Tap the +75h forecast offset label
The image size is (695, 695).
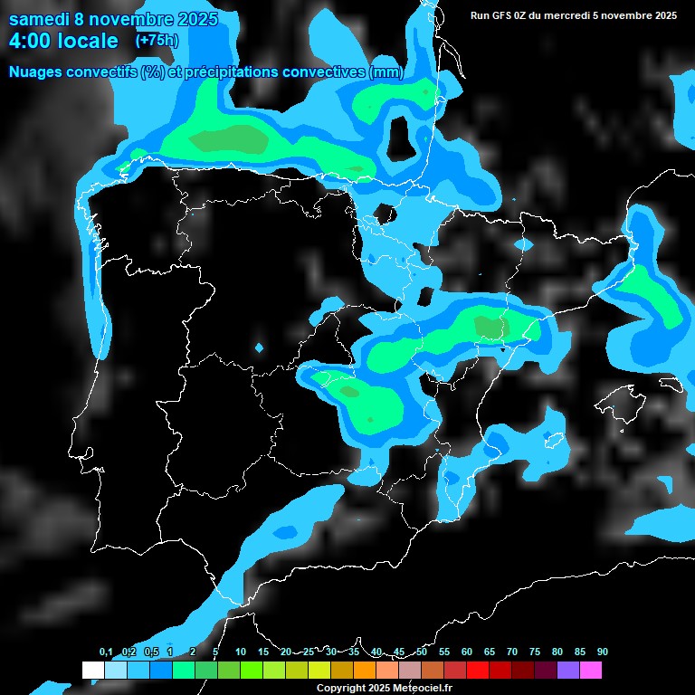pos(157,40)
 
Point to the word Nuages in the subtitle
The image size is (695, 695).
pos(38,72)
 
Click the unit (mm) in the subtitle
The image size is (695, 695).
pos(386,72)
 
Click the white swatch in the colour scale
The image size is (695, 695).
pos(92,670)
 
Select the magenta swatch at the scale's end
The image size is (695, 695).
pos(591,670)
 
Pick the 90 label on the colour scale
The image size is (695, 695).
pos(603,652)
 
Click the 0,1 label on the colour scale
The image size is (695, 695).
pos(106,652)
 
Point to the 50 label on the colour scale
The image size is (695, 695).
pos(422,652)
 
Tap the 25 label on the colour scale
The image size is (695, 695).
pos(309,652)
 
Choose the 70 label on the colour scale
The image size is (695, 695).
pos(512,652)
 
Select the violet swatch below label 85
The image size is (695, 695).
pos(568,670)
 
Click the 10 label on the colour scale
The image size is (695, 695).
pos(241,652)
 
